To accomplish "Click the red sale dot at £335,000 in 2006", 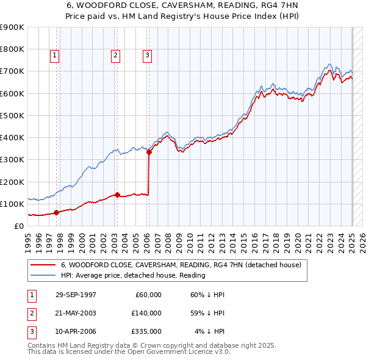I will pos(148,153).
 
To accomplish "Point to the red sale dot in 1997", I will pos(57,212).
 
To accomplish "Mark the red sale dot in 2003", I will pos(117,195).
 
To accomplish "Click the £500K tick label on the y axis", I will pos(12,115).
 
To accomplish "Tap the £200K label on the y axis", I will pos(12,182).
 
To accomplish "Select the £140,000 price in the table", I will pos(146,313).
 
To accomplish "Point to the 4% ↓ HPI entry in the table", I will pos(209,331).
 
